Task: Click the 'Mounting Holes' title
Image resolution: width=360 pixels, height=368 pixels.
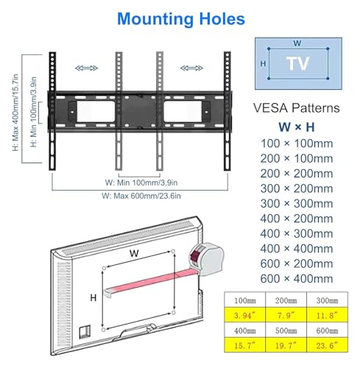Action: pyautogui.click(x=181, y=19)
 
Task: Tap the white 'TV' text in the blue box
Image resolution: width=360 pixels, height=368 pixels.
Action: pyautogui.click(x=297, y=63)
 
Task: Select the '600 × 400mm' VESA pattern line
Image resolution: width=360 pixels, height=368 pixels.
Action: pyautogui.click(x=297, y=279)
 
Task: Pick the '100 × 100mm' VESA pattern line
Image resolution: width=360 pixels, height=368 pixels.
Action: pyautogui.click(x=297, y=144)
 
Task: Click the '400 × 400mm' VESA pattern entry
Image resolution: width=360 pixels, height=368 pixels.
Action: pyautogui.click(x=297, y=249)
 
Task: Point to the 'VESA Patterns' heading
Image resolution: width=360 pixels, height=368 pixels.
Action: pyautogui.click(x=297, y=108)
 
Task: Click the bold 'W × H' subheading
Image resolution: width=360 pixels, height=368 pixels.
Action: pyautogui.click(x=297, y=127)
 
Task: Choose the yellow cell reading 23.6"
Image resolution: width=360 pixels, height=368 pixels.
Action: pyautogui.click(x=327, y=345)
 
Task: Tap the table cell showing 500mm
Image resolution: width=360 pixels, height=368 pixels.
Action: pyautogui.click(x=286, y=330)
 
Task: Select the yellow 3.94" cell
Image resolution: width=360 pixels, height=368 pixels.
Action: pyautogui.click(x=244, y=315)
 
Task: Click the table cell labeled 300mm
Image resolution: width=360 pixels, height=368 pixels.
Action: pyautogui.click(x=327, y=300)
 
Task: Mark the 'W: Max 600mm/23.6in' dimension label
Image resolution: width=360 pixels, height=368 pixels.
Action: pyautogui.click(x=141, y=196)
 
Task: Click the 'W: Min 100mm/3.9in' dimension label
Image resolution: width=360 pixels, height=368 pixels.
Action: pyautogui.click(x=141, y=183)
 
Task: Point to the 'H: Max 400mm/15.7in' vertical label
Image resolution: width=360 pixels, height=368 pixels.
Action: pyautogui.click(x=15, y=113)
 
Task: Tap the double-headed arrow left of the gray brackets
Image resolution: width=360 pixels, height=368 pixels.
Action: pyautogui.click(x=86, y=68)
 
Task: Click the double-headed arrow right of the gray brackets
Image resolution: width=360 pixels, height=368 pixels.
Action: pyautogui.click(x=191, y=68)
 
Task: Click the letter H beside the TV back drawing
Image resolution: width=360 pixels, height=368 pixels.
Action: pyautogui.click(x=93, y=298)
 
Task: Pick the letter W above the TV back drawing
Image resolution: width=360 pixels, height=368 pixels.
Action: pyautogui.click(x=134, y=253)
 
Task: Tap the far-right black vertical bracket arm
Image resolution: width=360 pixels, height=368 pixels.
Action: pyautogui.click(x=227, y=111)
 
